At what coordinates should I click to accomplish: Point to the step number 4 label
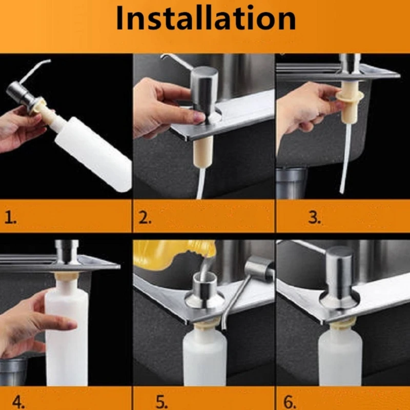pyautogui.click(x=18, y=401)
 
